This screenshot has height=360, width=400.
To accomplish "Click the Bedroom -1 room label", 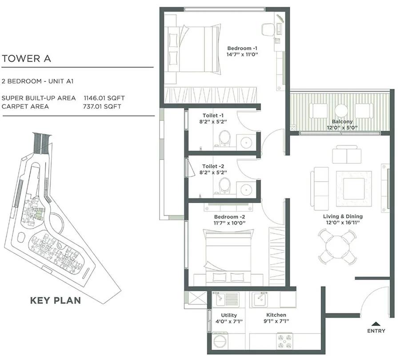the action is (x=242, y=49).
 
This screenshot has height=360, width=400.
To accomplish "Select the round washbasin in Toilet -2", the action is (x=246, y=190).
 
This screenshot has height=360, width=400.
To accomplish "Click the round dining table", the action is (x=337, y=247).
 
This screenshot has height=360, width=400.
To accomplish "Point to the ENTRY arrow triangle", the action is (x=376, y=324).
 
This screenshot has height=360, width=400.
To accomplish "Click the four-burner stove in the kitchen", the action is (x=285, y=341).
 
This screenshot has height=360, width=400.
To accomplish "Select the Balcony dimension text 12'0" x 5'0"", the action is (x=342, y=128).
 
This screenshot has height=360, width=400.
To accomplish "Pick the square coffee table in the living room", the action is (x=354, y=189).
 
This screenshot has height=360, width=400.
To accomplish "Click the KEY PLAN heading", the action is (x=56, y=300).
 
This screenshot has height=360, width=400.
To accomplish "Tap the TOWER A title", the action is (x=26, y=58).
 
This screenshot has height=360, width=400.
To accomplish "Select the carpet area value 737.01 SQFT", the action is (x=102, y=106).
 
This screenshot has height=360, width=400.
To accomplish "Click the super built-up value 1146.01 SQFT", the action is (x=104, y=98).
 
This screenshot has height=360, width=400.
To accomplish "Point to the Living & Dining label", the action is (x=343, y=216).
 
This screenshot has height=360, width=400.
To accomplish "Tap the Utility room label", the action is (x=229, y=315).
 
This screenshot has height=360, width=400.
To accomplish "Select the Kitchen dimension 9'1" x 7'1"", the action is (x=276, y=321).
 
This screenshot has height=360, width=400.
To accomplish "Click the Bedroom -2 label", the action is (x=229, y=217).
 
